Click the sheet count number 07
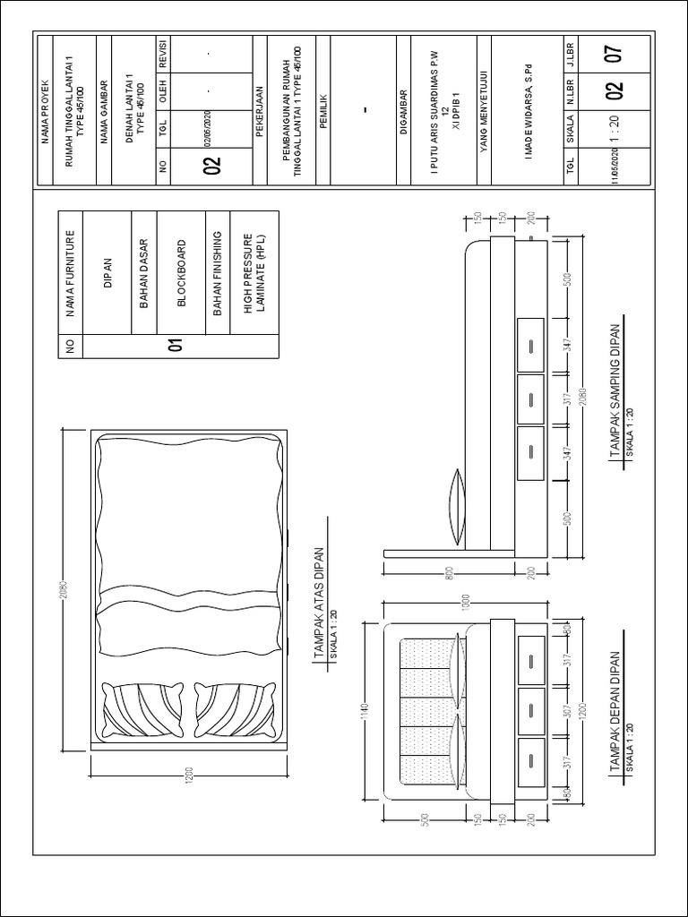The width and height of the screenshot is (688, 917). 613,56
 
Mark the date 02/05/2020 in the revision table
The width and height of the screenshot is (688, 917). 207,122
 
